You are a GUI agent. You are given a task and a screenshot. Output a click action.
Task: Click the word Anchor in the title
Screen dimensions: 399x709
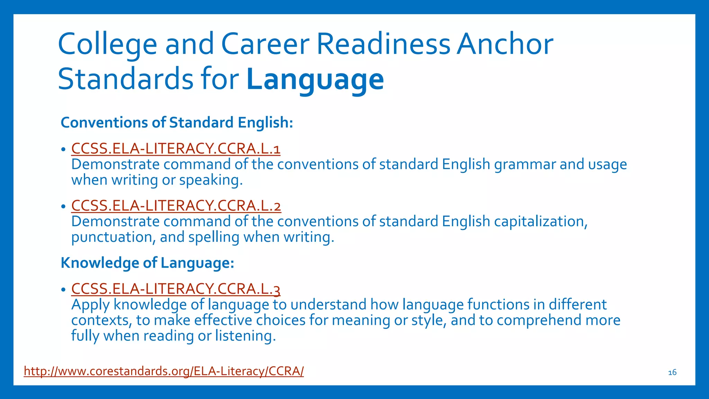[x=505, y=44]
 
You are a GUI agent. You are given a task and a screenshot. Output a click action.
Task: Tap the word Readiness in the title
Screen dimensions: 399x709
[x=383, y=44]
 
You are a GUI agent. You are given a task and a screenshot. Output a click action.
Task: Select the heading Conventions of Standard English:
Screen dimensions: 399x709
[x=177, y=123]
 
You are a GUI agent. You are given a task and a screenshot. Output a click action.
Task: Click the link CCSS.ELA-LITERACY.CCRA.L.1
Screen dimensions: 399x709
[x=176, y=149]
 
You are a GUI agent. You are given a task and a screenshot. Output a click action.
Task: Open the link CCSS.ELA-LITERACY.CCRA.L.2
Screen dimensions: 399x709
[x=176, y=206]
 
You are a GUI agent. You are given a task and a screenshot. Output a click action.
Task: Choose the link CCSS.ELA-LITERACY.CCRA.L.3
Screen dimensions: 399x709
[x=176, y=289]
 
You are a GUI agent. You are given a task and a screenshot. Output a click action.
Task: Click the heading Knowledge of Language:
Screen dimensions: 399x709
[x=147, y=263]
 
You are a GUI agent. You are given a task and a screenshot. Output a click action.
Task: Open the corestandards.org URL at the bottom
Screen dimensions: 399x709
[x=163, y=371]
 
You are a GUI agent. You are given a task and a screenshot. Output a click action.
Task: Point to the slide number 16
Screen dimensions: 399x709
[x=672, y=373]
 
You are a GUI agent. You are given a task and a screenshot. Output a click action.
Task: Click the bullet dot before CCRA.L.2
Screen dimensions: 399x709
[x=63, y=206]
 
